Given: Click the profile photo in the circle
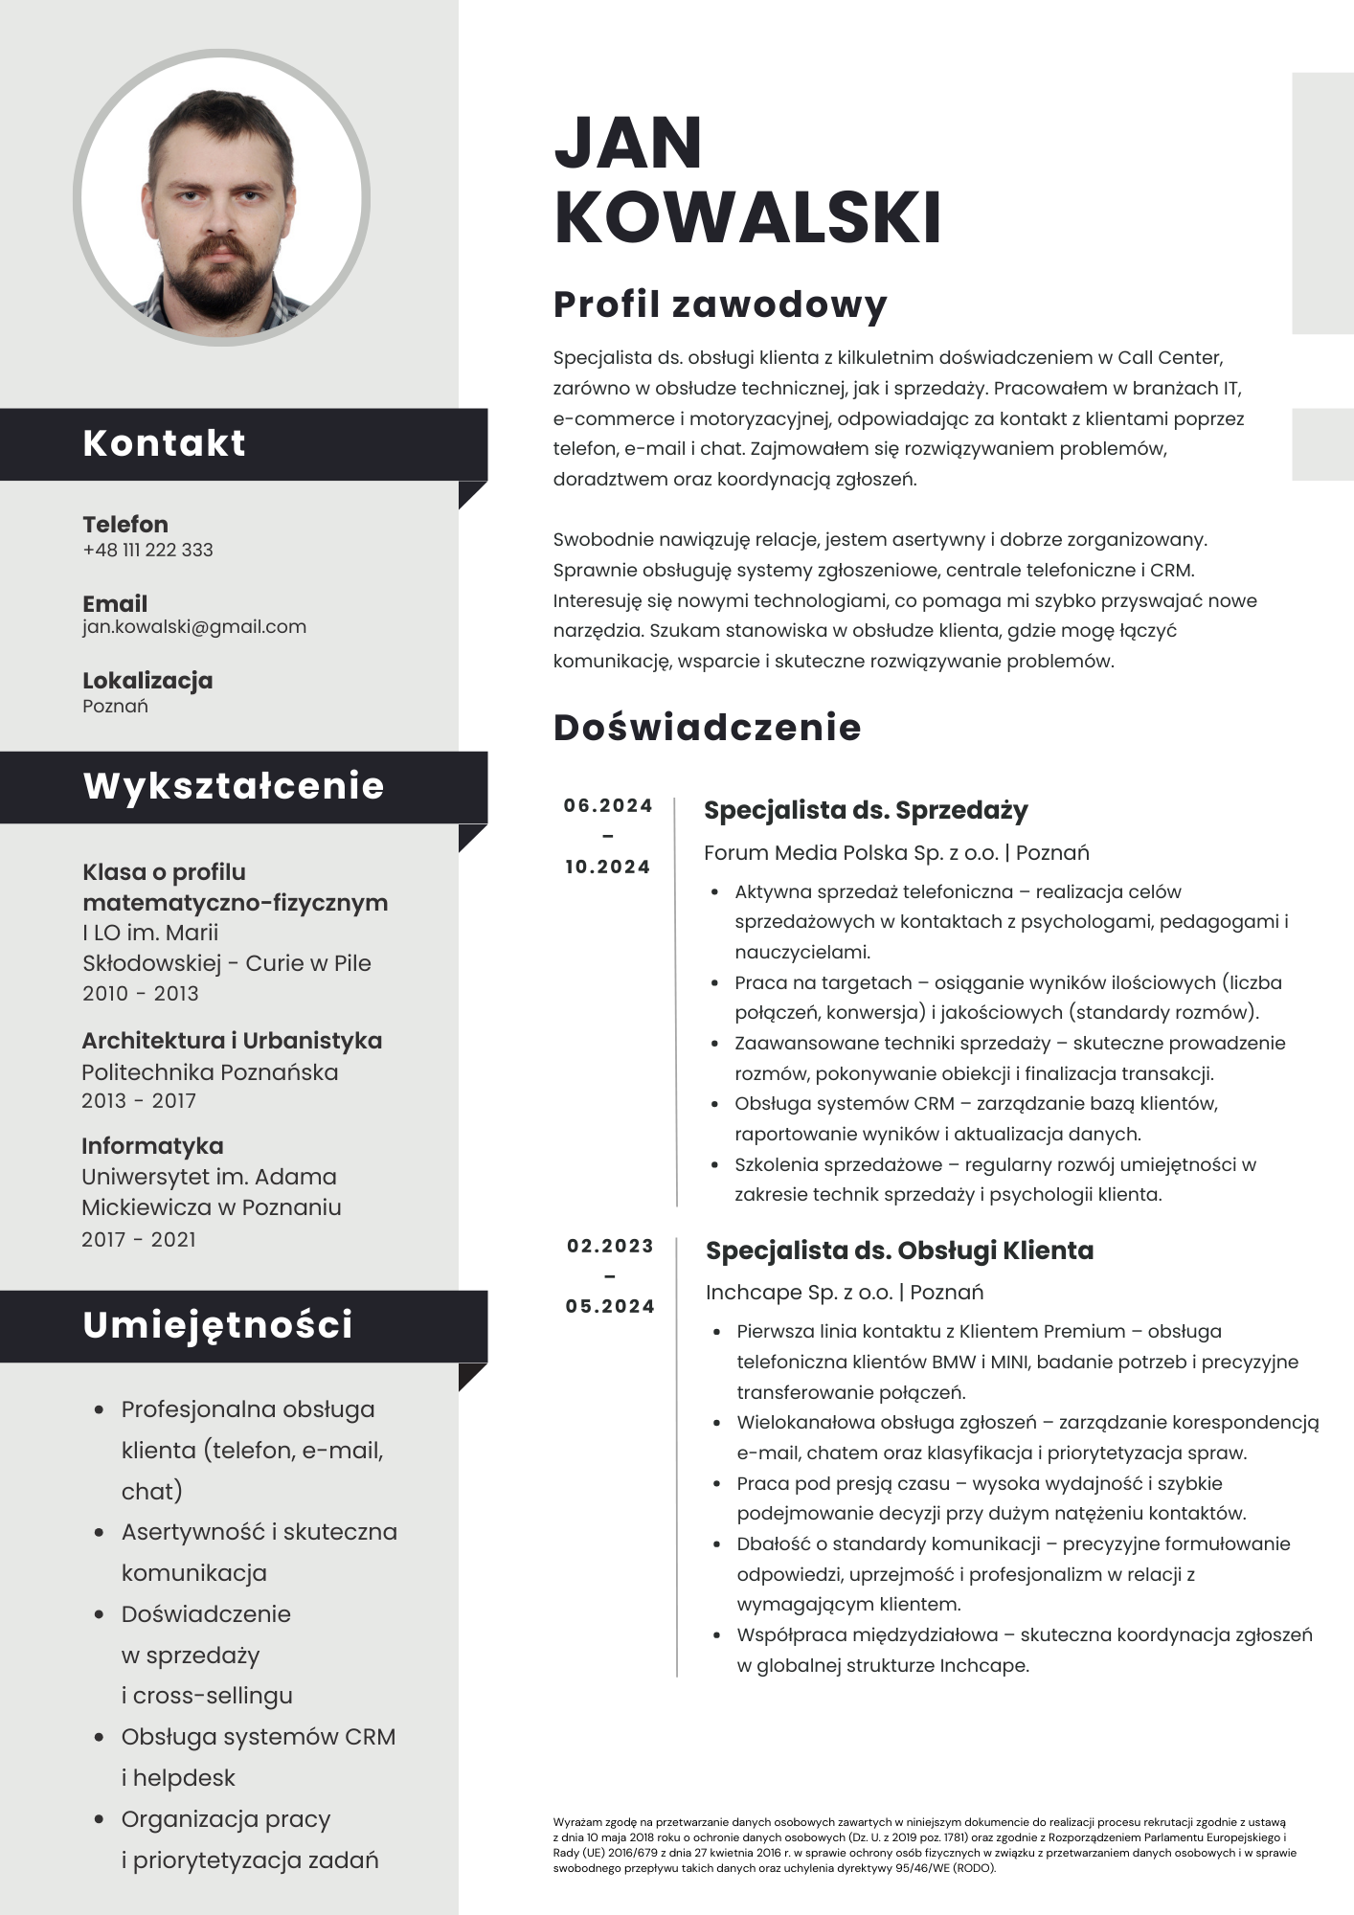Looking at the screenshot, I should [x=221, y=197].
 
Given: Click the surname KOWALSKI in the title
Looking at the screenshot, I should [x=747, y=217].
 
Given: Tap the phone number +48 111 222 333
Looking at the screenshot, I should [x=147, y=550].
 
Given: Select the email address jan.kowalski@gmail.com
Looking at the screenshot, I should [x=194, y=627].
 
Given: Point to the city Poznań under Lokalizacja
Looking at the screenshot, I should [x=115, y=707].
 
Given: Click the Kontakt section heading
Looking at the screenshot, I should [x=164, y=443].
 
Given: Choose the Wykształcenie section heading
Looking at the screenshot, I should [x=234, y=786].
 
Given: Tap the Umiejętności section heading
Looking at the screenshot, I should [x=217, y=1325].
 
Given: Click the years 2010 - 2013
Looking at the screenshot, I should [x=141, y=993].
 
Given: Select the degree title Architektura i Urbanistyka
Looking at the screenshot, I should [x=232, y=1041].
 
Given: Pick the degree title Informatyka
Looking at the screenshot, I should [x=152, y=1146].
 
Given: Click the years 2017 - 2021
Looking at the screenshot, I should [x=139, y=1239].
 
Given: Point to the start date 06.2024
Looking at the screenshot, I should [x=608, y=805].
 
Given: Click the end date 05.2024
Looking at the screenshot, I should [x=610, y=1306].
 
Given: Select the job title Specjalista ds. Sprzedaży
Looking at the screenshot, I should [x=866, y=810].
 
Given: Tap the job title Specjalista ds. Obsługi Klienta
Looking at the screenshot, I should [x=899, y=1250].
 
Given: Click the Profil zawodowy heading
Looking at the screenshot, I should [x=720, y=304].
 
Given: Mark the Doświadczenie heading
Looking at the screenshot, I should [x=707, y=728].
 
